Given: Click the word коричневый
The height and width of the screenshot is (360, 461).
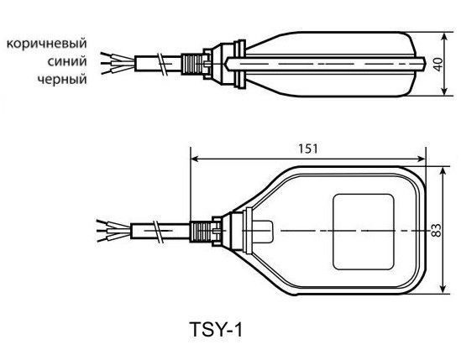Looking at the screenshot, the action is coord(47,44).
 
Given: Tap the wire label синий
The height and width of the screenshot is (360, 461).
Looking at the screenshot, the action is coord(67,61).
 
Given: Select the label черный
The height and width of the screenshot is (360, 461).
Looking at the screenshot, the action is coord(62,80).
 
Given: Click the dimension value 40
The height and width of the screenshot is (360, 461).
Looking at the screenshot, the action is coord(438,64).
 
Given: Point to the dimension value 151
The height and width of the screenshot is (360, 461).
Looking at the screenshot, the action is coord(308,149).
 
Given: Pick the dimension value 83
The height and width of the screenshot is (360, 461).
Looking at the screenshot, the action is coord(437,231).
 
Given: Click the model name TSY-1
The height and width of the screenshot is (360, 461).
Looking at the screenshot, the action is coord(216,330).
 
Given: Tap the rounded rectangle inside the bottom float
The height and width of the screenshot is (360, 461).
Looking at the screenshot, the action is coord(364,232).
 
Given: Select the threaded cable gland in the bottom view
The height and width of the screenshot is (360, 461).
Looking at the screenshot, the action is coord(201,232).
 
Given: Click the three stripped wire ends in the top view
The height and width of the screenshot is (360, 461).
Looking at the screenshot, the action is coord(118,63).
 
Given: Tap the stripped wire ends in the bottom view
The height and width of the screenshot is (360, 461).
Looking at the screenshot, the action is coord(113,231).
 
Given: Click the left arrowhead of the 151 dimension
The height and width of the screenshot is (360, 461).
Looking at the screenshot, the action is coord(195,159).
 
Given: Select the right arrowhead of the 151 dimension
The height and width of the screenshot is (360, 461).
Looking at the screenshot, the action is coord(421,159).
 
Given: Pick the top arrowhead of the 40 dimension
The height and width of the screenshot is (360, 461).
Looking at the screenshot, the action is coord(444,36).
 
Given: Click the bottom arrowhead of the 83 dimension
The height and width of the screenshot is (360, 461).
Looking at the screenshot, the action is coord(444,289).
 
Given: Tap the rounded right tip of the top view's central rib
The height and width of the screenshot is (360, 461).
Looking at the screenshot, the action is coord(422,64).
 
